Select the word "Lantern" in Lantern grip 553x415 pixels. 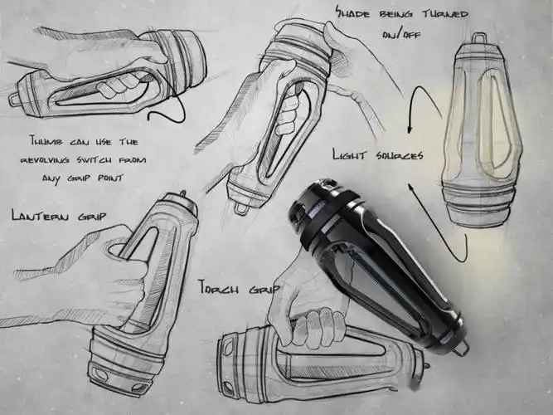point(40,215)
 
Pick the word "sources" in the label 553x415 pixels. point(398,155)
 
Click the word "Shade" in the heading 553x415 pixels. point(352,13)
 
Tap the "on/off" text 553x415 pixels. point(402,35)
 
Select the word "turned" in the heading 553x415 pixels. point(445,14)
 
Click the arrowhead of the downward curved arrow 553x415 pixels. point(410,129)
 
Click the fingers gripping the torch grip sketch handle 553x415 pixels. point(320,325)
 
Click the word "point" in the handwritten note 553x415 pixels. point(110,178)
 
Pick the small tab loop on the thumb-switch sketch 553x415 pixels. point(13,99)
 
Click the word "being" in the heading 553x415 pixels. point(395,14)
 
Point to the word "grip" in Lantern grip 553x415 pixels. point(92,216)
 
